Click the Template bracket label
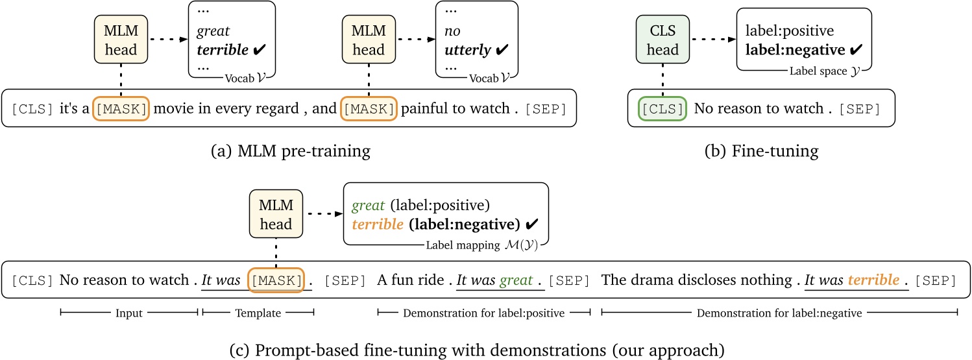click(258, 313)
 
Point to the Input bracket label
click(128, 313)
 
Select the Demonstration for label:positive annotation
click(483, 313)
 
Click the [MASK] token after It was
click(276, 280)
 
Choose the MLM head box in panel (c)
click(276, 215)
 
